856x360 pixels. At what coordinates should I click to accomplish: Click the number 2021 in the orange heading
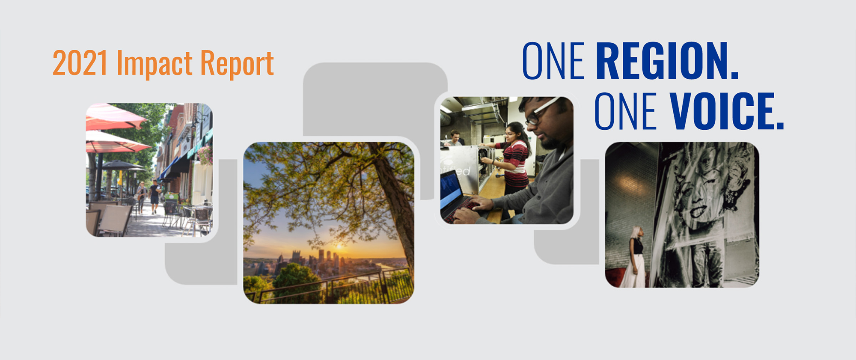pos(80,63)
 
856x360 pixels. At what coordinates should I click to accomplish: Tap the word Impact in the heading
pos(155,64)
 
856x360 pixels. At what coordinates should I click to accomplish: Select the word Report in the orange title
pos(237,64)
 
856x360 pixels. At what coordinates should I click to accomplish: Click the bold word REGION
pos(667,61)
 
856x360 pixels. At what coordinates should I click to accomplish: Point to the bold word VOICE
pos(727,111)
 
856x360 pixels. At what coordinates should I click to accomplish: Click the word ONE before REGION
pos(553,61)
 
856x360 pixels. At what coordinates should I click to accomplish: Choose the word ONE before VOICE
pos(625,111)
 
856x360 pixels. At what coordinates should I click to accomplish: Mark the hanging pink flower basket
pos(205,155)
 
